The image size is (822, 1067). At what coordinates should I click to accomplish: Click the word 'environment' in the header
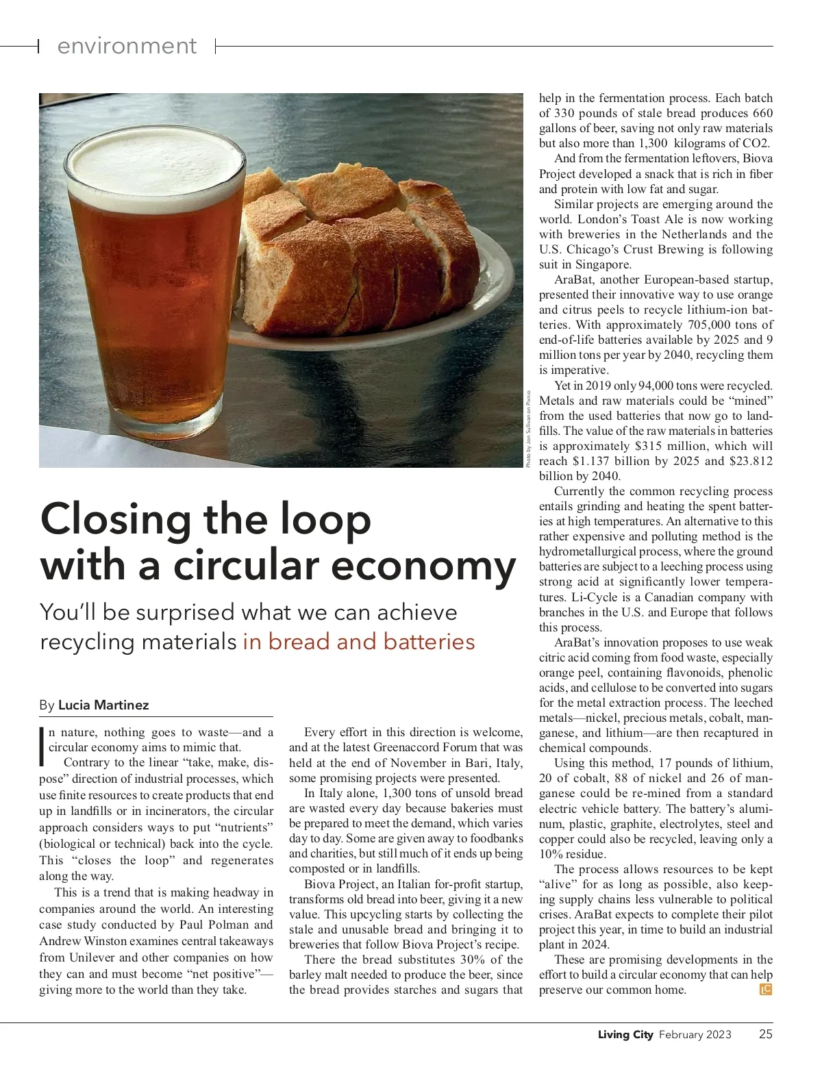[x=127, y=46]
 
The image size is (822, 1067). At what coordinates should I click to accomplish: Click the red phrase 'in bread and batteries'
[x=358, y=642]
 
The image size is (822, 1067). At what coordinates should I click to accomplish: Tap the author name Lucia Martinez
[x=103, y=705]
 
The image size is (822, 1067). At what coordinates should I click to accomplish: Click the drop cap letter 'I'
[x=43, y=744]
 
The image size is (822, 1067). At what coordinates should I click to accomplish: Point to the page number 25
[x=765, y=1034]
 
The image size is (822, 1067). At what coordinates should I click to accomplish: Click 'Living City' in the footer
[x=625, y=1034]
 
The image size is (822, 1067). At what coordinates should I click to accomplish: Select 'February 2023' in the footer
[x=695, y=1034]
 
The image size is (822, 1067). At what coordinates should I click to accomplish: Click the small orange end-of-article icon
[x=766, y=989]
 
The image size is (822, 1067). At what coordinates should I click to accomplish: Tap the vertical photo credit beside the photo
[x=529, y=428]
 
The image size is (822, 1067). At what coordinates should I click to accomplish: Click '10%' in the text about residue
[x=549, y=854]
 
